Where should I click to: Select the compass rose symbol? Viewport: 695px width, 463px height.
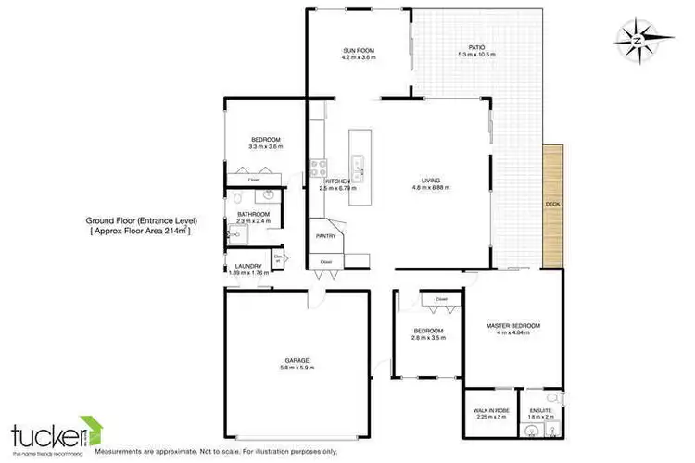tap(642, 37)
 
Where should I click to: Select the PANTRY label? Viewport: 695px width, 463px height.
tap(325, 236)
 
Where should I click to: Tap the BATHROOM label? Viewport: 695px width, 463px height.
tap(253, 215)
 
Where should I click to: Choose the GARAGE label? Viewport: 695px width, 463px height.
tap(298, 360)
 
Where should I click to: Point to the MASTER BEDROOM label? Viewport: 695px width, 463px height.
tap(512, 326)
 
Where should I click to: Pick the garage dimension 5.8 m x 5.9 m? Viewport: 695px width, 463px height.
tap(298, 368)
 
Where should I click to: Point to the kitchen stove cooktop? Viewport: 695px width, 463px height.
tap(315, 168)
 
